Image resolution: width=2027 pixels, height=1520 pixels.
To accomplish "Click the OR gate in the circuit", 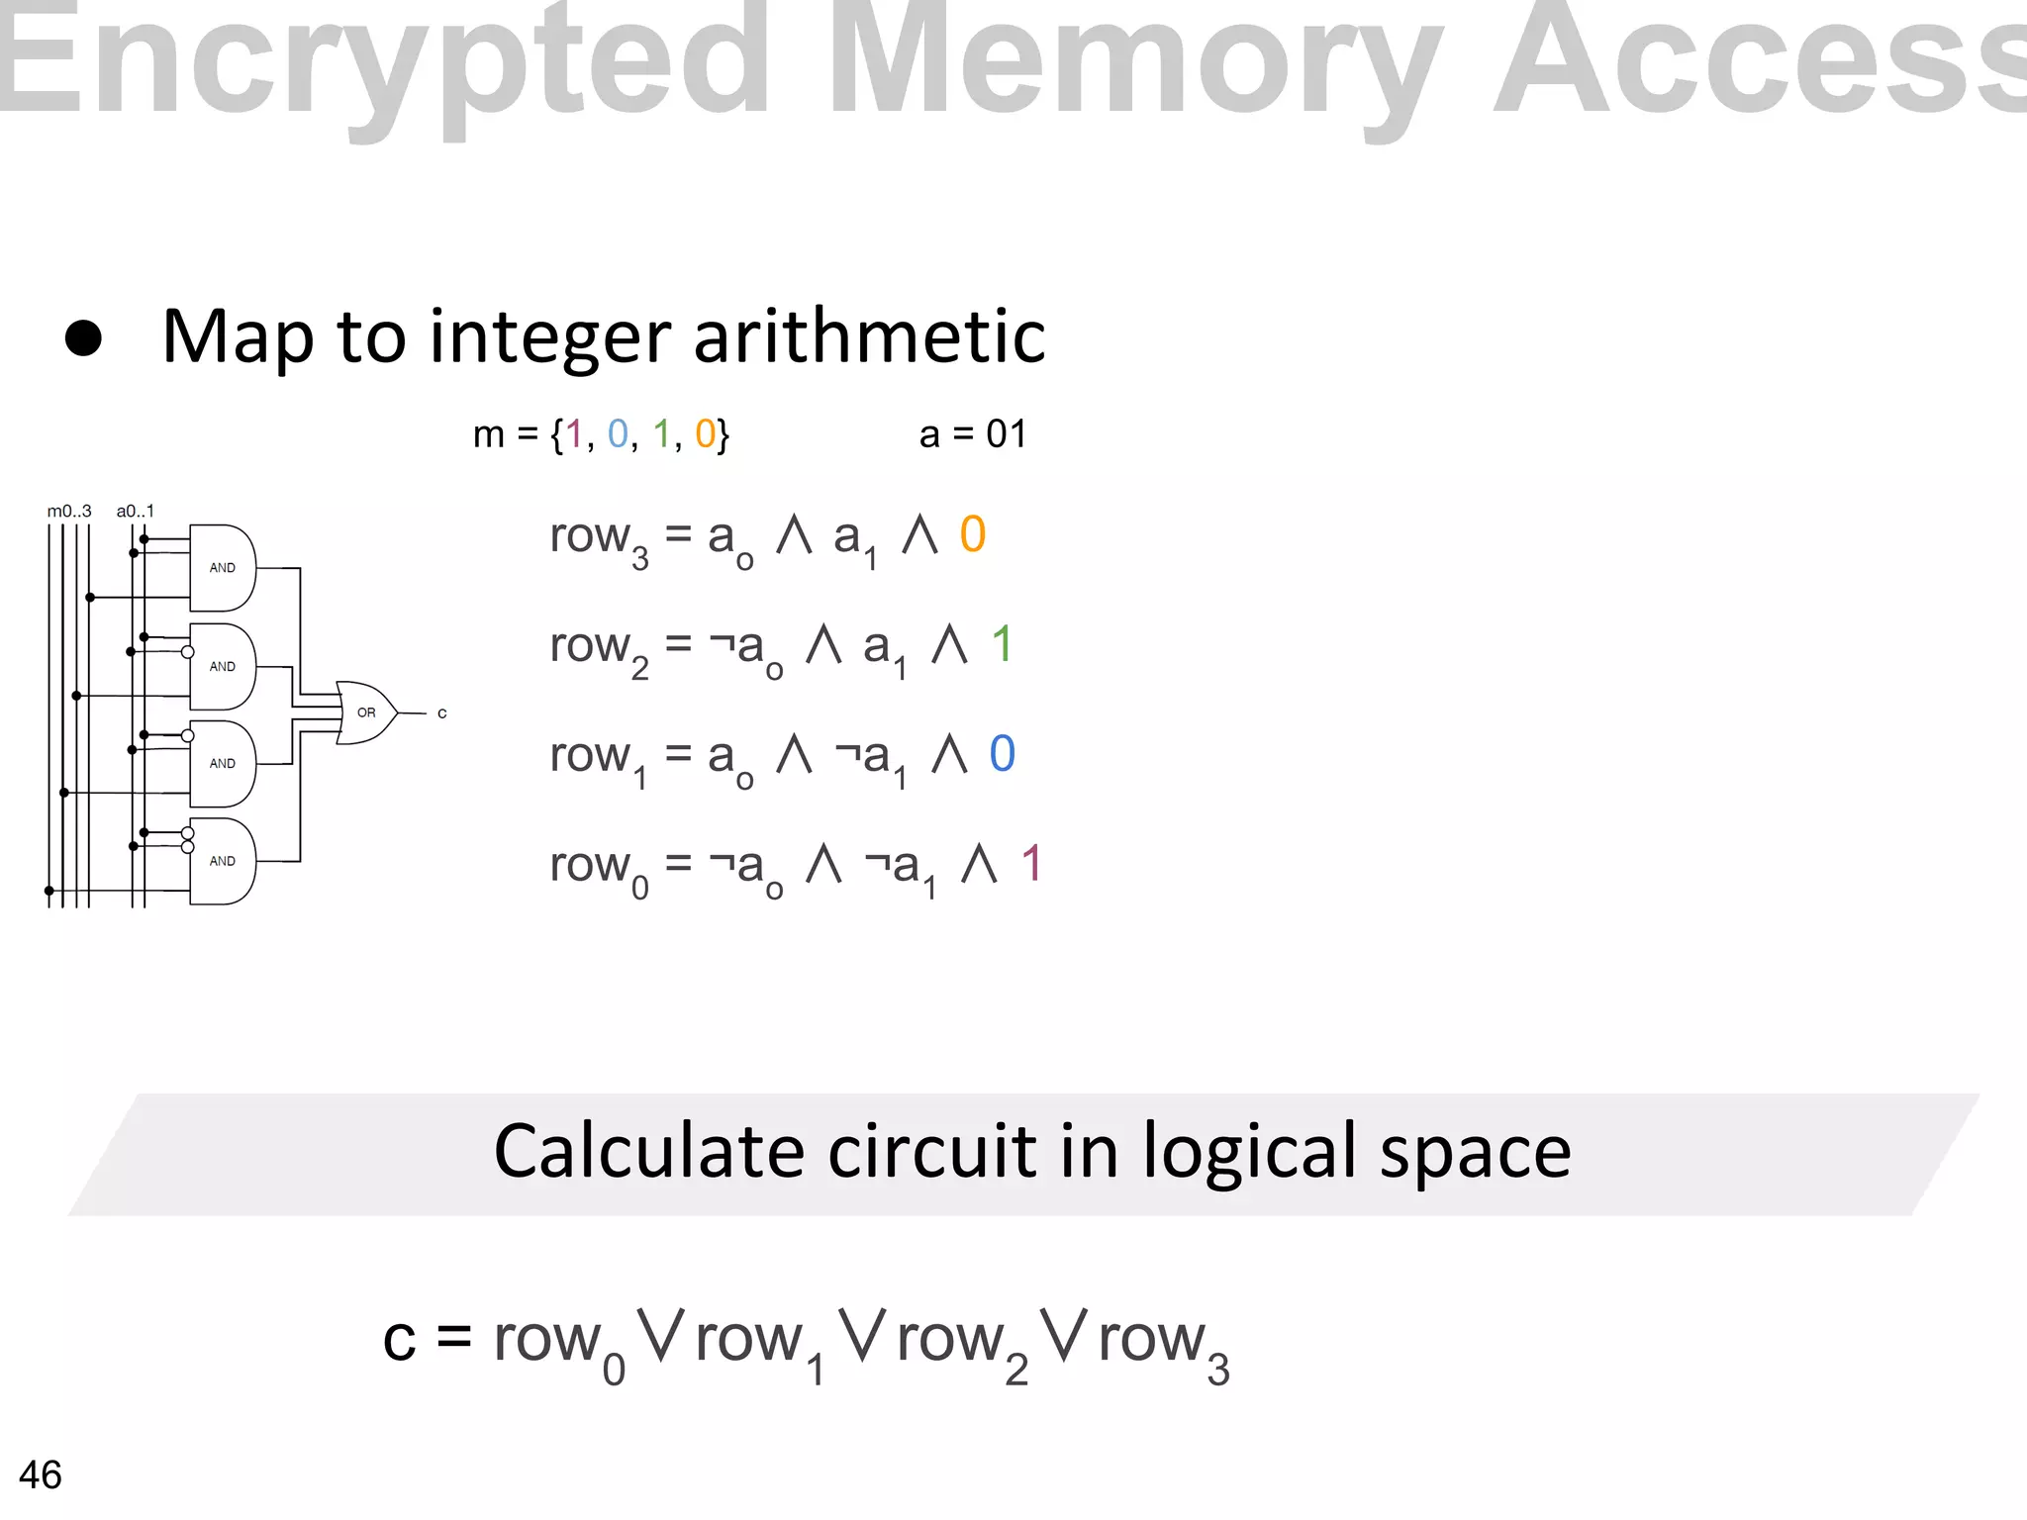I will click(x=365, y=712).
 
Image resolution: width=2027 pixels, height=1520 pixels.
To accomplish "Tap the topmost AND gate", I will click(x=222, y=568).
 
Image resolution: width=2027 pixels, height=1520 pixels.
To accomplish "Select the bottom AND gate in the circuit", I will click(x=222, y=861).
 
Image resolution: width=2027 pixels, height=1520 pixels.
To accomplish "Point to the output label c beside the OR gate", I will click(x=442, y=713).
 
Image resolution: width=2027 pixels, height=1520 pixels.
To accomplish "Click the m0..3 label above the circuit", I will click(x=69, y=512).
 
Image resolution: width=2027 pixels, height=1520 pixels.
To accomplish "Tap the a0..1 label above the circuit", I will click(x=136, y=512).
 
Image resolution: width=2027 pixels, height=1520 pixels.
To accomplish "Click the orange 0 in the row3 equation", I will click(x=973, y=534).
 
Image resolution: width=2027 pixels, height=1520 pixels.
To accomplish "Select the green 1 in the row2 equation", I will click(x=1002, y=644).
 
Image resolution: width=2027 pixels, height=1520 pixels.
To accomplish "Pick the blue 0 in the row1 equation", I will click(x=1002, y=754).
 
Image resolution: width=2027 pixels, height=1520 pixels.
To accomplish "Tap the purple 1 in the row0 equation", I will click(x=1031, y=864).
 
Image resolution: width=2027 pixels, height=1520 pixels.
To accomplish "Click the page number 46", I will click(x=41, y=1475).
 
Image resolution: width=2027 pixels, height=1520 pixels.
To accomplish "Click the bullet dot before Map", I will click(x=83, y=337).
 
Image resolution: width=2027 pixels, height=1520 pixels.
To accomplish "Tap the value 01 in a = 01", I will click(x=1007, y=434).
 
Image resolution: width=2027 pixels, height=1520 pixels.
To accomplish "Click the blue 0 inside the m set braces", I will click(x=618, y=434).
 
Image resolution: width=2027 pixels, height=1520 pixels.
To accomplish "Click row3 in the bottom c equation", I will click(x=1163, y=1342).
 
